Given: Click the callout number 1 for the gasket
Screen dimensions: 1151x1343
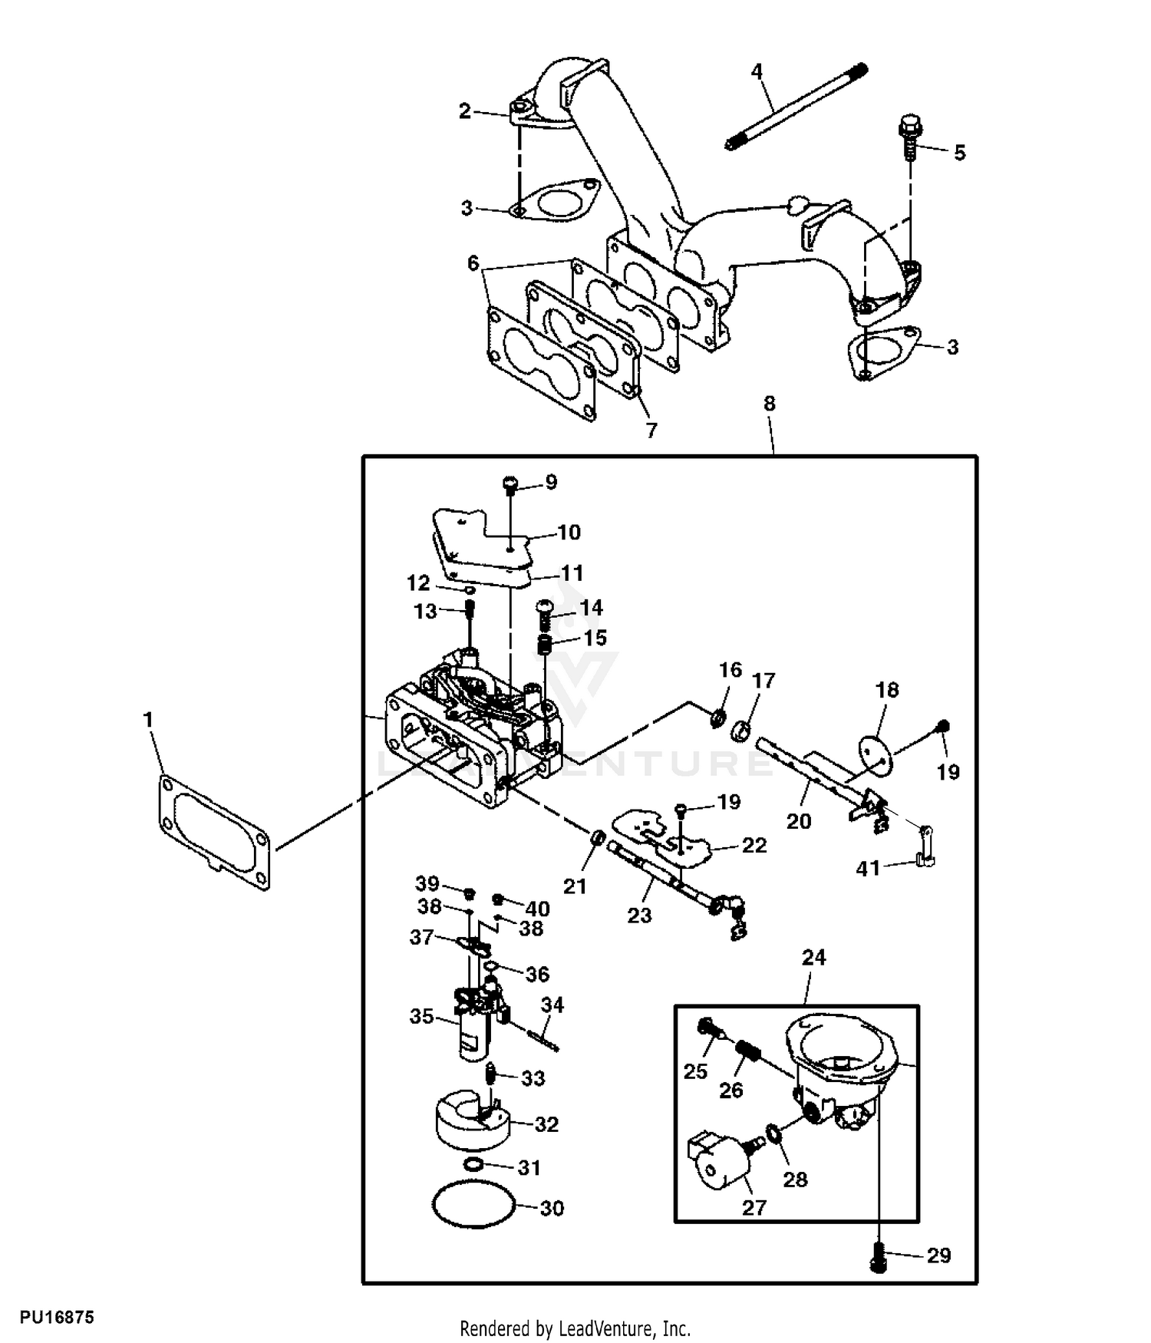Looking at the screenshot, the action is [x=148, y=720].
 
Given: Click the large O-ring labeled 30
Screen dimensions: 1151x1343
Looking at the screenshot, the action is [x=473, y=1207].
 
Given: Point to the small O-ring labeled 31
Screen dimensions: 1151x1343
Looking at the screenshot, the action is [x=473, y=1165].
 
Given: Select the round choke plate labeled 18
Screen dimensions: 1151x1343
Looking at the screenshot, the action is [x=875, y=754].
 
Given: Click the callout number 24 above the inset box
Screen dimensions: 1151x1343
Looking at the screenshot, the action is [x=813, y=957].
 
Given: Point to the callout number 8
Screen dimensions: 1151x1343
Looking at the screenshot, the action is [x=770, y=404].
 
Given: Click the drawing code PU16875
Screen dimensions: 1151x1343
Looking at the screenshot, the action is [x=57, y=1318].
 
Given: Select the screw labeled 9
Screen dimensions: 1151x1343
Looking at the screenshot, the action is [x=511, y=484].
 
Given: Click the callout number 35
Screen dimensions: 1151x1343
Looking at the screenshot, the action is [x=421, y=1017].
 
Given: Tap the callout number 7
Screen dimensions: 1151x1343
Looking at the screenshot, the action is [x=651, y=430].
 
